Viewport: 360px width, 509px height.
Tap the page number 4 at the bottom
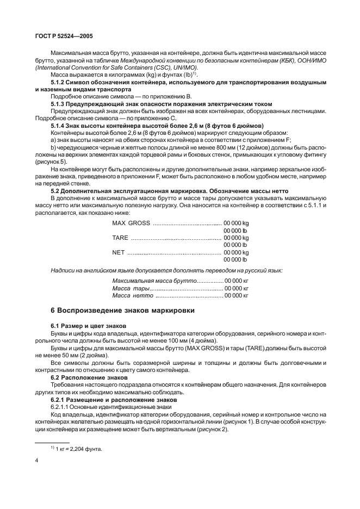[x=36, y=461]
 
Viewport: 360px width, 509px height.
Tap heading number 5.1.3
[x=58, y=103]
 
